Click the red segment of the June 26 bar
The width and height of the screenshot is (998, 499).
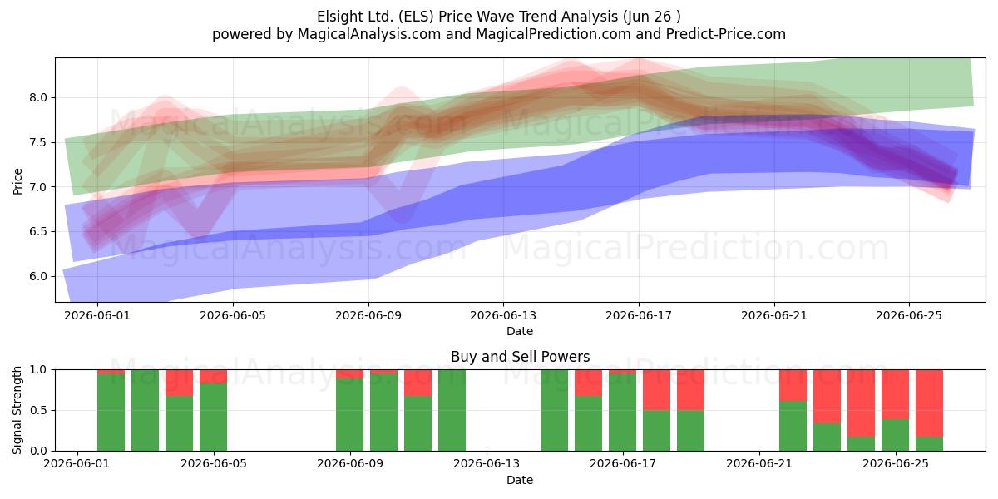[929, 403]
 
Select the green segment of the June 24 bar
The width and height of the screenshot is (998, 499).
[861, 443]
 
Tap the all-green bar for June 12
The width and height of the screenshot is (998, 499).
[452, 410]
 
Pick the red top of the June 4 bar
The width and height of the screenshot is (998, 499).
[213, 376]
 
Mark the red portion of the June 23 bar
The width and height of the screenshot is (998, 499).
[827, 397]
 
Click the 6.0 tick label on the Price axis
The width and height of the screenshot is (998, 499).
[38, 276]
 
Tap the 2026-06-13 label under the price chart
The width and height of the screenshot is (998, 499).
[503, 315]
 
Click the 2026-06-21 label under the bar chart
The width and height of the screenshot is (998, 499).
[759, 464]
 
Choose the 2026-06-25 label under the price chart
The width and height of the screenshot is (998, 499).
[909, 315]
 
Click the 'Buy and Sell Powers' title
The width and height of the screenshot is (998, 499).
[520, 357]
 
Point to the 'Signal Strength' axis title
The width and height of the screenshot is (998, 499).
[17, 410]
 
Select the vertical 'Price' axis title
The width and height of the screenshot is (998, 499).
[17, 181]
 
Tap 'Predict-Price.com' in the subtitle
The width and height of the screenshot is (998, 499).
[726, 34]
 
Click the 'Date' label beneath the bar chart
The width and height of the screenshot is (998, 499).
[520, 480]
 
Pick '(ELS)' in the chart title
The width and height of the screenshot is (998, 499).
[416, 17]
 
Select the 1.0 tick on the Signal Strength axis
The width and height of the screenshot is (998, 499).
[38, 370]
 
